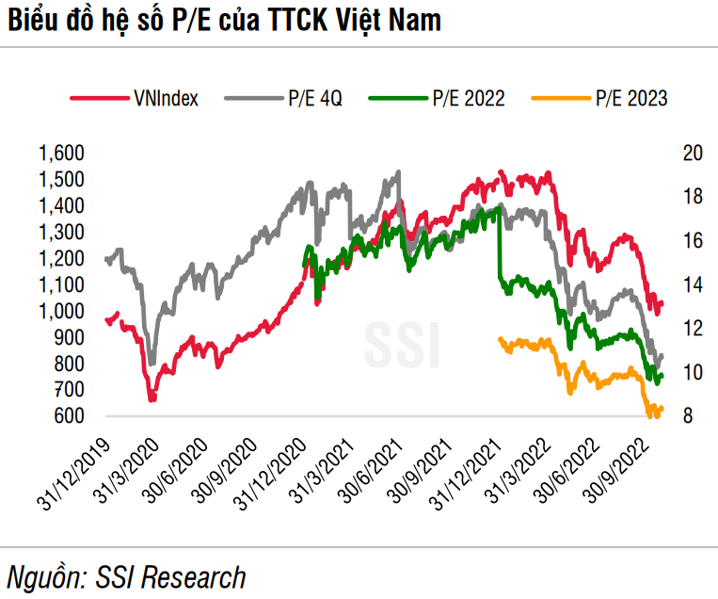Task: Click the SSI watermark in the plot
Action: (x=402, y=345)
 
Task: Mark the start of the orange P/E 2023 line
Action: (x=500, y=340)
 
